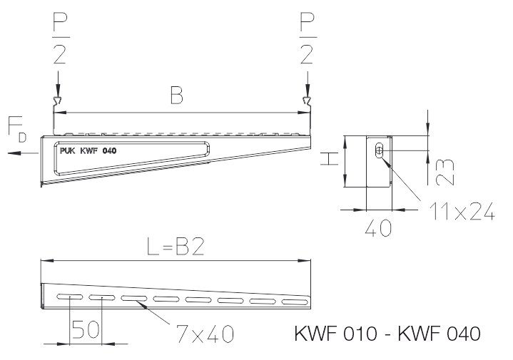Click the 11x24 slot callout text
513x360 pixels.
[x=461, y=212]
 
